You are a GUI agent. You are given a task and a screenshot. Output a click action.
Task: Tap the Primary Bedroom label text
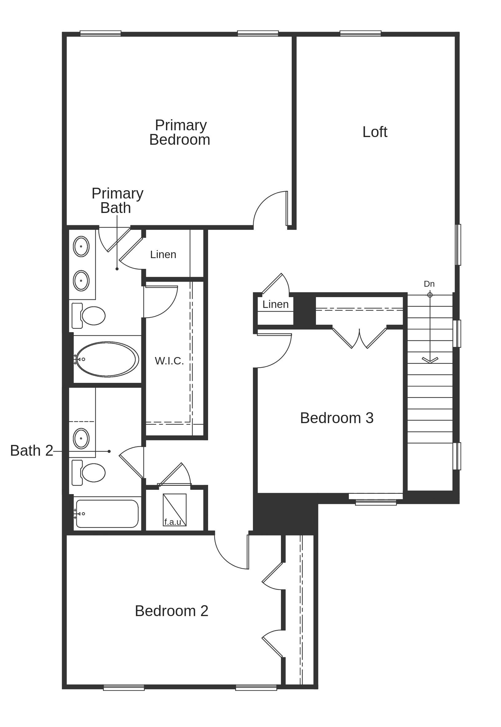[x=180, y=132]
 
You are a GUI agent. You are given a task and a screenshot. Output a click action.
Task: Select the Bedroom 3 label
[x=337, y=418]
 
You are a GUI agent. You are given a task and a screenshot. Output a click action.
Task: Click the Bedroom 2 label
[x=172, y=611]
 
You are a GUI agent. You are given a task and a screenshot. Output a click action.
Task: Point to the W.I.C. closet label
[x=169, y=361]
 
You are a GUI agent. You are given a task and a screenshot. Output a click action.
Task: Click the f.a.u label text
[x=173, y=522]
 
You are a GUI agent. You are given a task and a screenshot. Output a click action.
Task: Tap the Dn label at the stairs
[x=429, y=284]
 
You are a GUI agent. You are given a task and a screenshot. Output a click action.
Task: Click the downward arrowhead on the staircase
[x=430, y=360]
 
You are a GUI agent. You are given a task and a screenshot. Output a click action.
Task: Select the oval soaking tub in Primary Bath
[x=107, y=359]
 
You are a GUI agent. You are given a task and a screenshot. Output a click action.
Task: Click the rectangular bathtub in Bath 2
[x=107, y=514]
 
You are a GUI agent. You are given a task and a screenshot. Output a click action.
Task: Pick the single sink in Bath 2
[x=81, y=438]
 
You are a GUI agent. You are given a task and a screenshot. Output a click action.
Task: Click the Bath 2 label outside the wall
[x=31, y=451]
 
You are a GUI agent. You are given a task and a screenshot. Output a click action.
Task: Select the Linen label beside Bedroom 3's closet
[x=275, y=305]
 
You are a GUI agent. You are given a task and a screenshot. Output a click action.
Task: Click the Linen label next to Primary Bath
[x=163, y=254]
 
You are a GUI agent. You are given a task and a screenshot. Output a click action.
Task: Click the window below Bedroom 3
[x=376, y=503]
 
